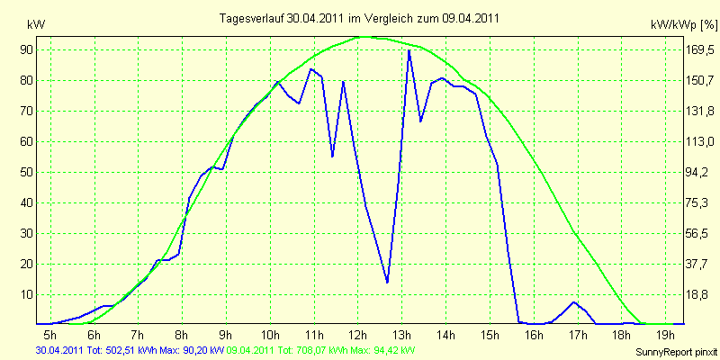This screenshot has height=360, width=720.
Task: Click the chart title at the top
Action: pos(359,18)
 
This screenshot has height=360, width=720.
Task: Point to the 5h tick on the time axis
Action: pos(49,333)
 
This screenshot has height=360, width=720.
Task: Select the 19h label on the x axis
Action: pos(666,333)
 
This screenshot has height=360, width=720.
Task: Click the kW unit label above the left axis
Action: pos(36,25)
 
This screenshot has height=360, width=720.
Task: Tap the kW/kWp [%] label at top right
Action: pos(683,25)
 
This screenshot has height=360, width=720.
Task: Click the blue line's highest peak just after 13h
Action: pos(409,50)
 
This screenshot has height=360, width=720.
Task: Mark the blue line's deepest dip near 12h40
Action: pos(387,282)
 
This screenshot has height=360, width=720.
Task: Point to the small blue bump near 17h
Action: pos(573,302)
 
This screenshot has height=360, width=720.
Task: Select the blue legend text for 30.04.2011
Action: pos(130,351)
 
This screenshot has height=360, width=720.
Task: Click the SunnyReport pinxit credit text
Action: pos(676,352)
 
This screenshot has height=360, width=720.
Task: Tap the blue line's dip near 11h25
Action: pos(332,157)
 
